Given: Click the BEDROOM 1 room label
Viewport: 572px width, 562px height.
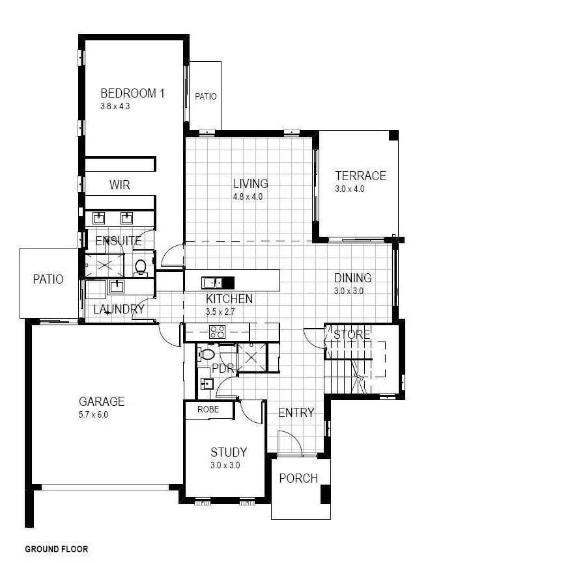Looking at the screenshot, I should [x=132, y=93].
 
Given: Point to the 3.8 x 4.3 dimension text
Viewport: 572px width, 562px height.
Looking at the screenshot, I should [x=115, y=106].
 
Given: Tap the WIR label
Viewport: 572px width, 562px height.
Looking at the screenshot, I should [x=119, y=185].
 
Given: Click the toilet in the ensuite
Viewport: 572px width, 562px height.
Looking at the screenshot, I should [x=141, y=266].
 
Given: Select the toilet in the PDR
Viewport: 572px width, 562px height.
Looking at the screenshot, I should [x=207, y=355].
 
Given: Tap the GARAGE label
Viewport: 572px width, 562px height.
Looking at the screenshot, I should [x=102, y=401].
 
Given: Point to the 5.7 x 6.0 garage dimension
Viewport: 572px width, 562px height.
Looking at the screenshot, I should [x=93, y=414].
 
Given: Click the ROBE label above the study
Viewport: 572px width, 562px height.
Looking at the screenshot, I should [x=208, y=410].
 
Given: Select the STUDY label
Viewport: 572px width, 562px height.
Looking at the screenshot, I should [x=228, y=452].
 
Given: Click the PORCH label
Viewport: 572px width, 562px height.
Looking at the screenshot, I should [x=298, y=479].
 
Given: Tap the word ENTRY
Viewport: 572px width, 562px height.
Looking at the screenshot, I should [x=296, y=412].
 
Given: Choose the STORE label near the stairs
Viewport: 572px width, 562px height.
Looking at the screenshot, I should [x=352, y=335].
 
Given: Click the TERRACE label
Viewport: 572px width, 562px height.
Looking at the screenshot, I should [x=360, y=176].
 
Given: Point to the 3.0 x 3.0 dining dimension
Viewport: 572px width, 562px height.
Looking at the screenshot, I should [x=349, y=291].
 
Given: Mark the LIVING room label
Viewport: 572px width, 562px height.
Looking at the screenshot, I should [x=250, y=183].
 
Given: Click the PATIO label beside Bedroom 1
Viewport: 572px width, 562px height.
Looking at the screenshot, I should [x=206, y=96].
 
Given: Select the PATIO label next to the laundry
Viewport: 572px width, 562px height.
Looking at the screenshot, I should [x=49, y=279].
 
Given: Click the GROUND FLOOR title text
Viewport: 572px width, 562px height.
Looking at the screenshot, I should [x=56, y=549].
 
